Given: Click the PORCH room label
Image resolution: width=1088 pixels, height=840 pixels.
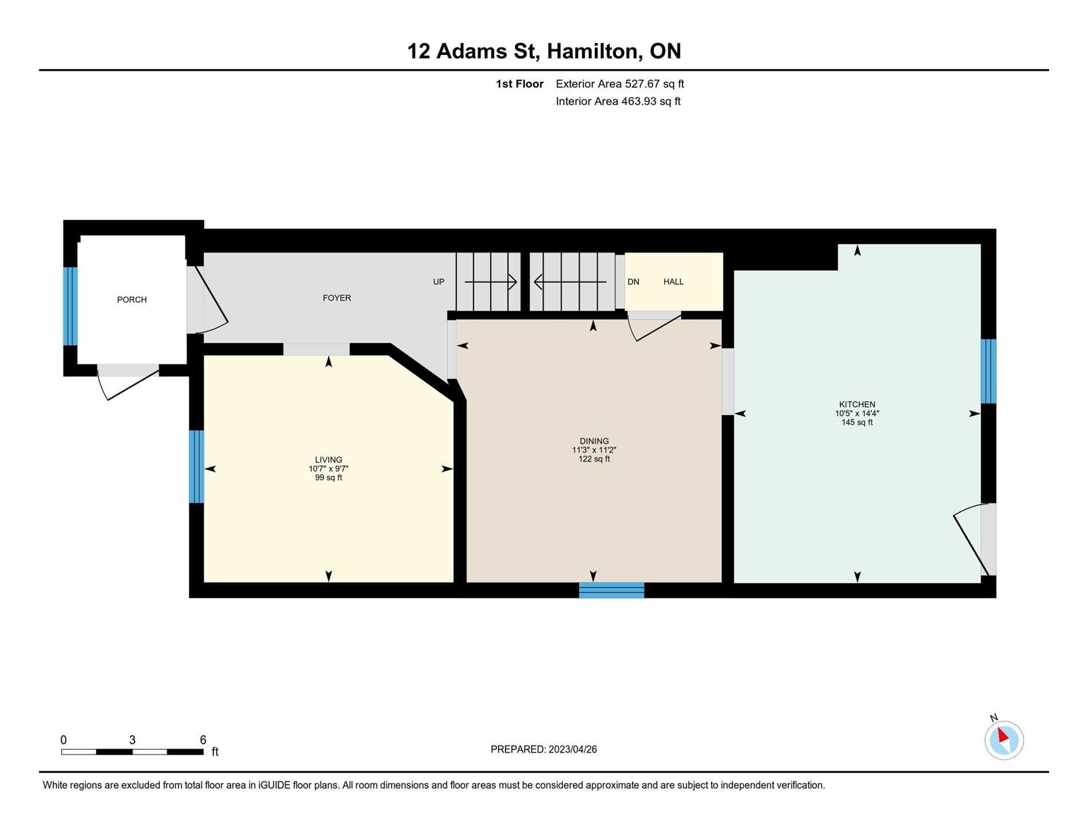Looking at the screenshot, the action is [132, 300].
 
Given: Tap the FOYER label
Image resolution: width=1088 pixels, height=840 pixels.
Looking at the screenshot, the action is [337, 298].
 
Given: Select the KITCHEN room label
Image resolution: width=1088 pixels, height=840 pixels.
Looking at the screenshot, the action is [857, 405].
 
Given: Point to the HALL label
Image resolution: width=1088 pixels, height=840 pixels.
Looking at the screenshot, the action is [673, 282].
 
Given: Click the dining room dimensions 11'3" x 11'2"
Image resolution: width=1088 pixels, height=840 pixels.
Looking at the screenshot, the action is [594, 450].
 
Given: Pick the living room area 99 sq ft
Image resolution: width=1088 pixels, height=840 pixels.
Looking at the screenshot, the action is [329, 478].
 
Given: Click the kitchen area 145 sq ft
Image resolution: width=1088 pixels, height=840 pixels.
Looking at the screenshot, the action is [857, 423].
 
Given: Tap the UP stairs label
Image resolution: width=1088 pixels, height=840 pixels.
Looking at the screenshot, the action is [439, 282].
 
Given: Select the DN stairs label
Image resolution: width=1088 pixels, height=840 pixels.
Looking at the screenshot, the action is [633, 282].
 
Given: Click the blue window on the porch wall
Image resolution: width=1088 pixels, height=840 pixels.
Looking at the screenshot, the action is [70, 306].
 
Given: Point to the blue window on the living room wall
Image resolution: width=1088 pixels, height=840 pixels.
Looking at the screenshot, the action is [196, 466].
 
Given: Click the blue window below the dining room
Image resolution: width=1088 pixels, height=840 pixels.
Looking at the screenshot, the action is [612, 590].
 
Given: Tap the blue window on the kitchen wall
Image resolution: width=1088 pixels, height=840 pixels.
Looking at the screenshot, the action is [988, 371].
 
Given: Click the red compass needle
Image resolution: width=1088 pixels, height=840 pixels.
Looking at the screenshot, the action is [1003, 735].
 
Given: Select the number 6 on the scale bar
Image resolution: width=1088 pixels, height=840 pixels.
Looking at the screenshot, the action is [203, 740].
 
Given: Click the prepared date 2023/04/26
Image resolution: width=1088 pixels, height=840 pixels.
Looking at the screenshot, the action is [573, 750].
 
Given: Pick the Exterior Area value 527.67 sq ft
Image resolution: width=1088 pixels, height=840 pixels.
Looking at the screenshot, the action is [655, 84].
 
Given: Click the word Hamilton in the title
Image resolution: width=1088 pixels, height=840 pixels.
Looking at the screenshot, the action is [593, 51].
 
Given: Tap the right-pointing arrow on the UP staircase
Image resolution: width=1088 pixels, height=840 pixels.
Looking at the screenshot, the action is [491, 282].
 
